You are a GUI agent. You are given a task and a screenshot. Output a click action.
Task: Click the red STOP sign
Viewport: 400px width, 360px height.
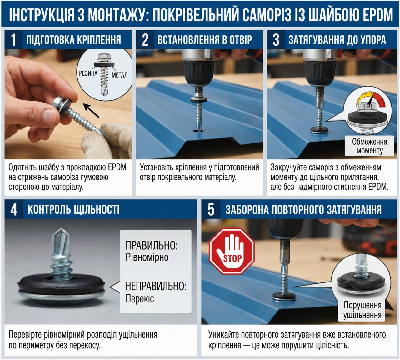(232, 251)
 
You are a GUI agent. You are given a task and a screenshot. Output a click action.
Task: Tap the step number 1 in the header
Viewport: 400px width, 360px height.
(13, 40)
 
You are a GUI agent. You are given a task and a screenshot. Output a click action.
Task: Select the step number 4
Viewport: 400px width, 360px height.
(14, 210)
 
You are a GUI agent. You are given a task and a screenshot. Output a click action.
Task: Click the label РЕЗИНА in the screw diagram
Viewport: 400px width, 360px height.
(88, 73)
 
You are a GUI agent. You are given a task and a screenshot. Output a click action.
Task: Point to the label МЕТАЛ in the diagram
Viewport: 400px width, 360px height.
(119, 75)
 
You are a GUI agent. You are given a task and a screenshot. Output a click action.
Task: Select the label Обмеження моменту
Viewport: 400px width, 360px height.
(369, 146)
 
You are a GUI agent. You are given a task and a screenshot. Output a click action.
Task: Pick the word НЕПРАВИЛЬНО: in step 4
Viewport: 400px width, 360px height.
(156, 286)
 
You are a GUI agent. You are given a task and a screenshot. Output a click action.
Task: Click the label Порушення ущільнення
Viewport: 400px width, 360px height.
(362, 310)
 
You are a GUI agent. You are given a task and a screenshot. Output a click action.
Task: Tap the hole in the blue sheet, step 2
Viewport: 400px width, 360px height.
(198, 131)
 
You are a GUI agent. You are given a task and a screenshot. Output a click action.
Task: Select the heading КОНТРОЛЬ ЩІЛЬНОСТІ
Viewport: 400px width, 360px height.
(73, 209)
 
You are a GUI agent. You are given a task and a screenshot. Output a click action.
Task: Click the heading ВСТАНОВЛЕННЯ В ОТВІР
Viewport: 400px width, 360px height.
(205, 40)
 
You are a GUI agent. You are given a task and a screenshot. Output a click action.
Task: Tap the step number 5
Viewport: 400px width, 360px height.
(211, 210)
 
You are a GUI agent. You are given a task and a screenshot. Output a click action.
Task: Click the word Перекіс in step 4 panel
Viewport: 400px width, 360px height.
(140, 298)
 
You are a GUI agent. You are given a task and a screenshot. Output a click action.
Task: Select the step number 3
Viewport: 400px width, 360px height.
(276, 40)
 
